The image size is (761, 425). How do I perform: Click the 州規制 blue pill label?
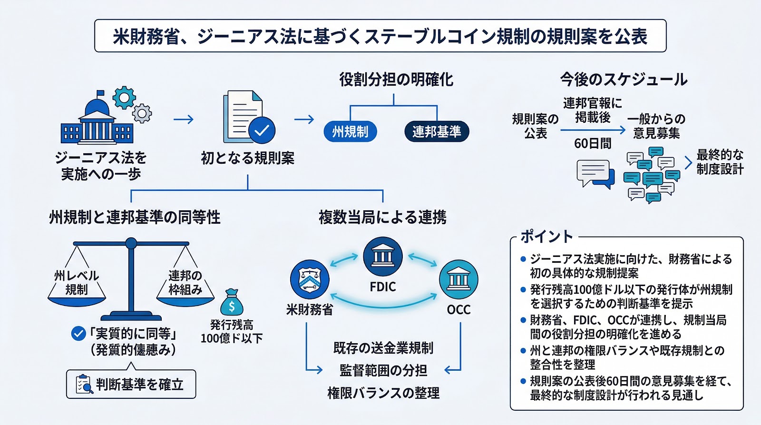(x=351, y=132)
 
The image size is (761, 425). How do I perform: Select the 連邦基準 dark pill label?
(x=437, y=132)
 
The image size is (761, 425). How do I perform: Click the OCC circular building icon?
(x=458, y=279)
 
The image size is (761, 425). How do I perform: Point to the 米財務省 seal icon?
(x=310, y=279)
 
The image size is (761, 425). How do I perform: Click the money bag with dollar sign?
(x=232, y=304)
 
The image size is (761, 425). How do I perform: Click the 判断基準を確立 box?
(x=131, y=384)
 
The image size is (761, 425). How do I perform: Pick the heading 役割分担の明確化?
(x=396, y=79)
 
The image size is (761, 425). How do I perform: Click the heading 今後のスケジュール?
(x=624, y=79)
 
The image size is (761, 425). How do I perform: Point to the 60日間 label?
(x=593, y=143)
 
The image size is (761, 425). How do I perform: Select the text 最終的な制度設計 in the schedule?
(x=720, y=162)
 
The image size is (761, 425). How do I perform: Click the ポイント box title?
(x=546, y=236)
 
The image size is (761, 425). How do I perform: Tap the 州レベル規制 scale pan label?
(x=77, y=282)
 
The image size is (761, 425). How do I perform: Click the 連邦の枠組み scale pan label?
(x=185, y=282)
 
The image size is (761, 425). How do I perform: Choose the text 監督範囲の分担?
(x=383, y=370)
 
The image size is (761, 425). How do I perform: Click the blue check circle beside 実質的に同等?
(x=78, y=334)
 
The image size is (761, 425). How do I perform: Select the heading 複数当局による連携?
(x=382, y=217)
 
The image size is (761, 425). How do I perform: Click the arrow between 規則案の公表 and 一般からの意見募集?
(x=593, y=129)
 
